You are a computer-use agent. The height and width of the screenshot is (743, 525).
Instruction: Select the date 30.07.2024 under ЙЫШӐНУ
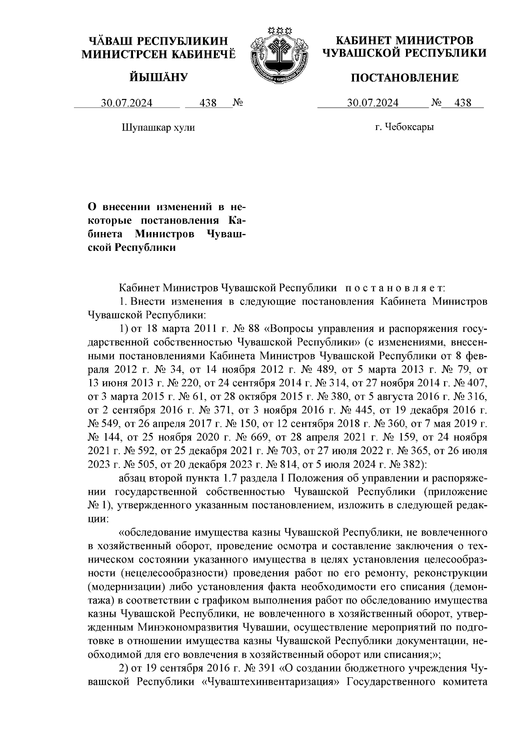(127, 103)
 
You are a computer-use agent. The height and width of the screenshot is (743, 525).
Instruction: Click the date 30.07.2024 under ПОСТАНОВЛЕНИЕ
(373, 103)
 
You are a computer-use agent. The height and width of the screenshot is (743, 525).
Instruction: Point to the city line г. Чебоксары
(404, 127)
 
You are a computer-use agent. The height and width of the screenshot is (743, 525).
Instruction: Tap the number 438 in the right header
(463, 103)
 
